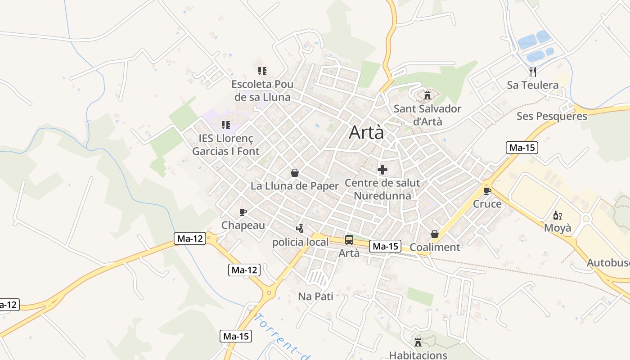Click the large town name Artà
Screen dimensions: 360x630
tap(366, 132)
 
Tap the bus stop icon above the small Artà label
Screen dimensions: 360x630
tap(349, 240)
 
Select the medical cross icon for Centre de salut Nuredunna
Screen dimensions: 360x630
tap(382, 170)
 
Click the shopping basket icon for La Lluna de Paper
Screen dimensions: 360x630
tap(295, 173)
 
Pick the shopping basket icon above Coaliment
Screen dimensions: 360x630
tap(435, 234)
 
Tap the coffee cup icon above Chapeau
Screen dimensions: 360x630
tap(243, 212)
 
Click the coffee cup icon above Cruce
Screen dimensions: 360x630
tap(487, 191)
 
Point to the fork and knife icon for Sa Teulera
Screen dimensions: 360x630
tap(533, 72)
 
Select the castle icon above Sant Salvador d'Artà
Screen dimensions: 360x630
tap(427, 95)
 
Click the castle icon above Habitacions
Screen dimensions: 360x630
tap(418, 342)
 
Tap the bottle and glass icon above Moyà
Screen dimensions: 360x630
tap(558, 215)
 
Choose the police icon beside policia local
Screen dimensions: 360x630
tap(300, 229)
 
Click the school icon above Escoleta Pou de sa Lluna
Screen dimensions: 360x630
tap(262, 71)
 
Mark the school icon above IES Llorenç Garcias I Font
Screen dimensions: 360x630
tap(225, 125)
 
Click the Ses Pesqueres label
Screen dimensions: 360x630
tap(552, 116)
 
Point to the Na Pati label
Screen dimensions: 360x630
tap(315, 297)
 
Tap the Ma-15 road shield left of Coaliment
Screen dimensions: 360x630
tap(385, 246)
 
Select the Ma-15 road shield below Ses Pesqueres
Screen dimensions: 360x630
tap(522, 148)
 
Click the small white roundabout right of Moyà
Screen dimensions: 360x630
tap(585, 219)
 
